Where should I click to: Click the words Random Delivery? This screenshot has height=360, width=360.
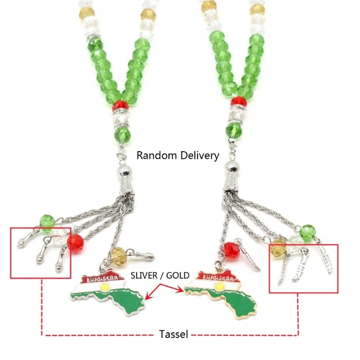[178, 156]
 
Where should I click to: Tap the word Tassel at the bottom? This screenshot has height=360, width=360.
[174, 334]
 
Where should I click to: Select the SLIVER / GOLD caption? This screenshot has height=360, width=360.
[160, 275]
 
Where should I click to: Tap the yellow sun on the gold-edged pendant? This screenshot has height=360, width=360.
[219, 286]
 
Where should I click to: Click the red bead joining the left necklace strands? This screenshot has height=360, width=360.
[120, 106]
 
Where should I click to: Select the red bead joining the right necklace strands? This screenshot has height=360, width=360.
[239, 102]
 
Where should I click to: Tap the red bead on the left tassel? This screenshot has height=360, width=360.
[76, 243]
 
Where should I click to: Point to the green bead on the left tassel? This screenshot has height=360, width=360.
[47, 221]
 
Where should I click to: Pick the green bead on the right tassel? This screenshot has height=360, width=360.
[308, 233]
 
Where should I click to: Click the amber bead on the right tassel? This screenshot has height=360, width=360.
[279, 247]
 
